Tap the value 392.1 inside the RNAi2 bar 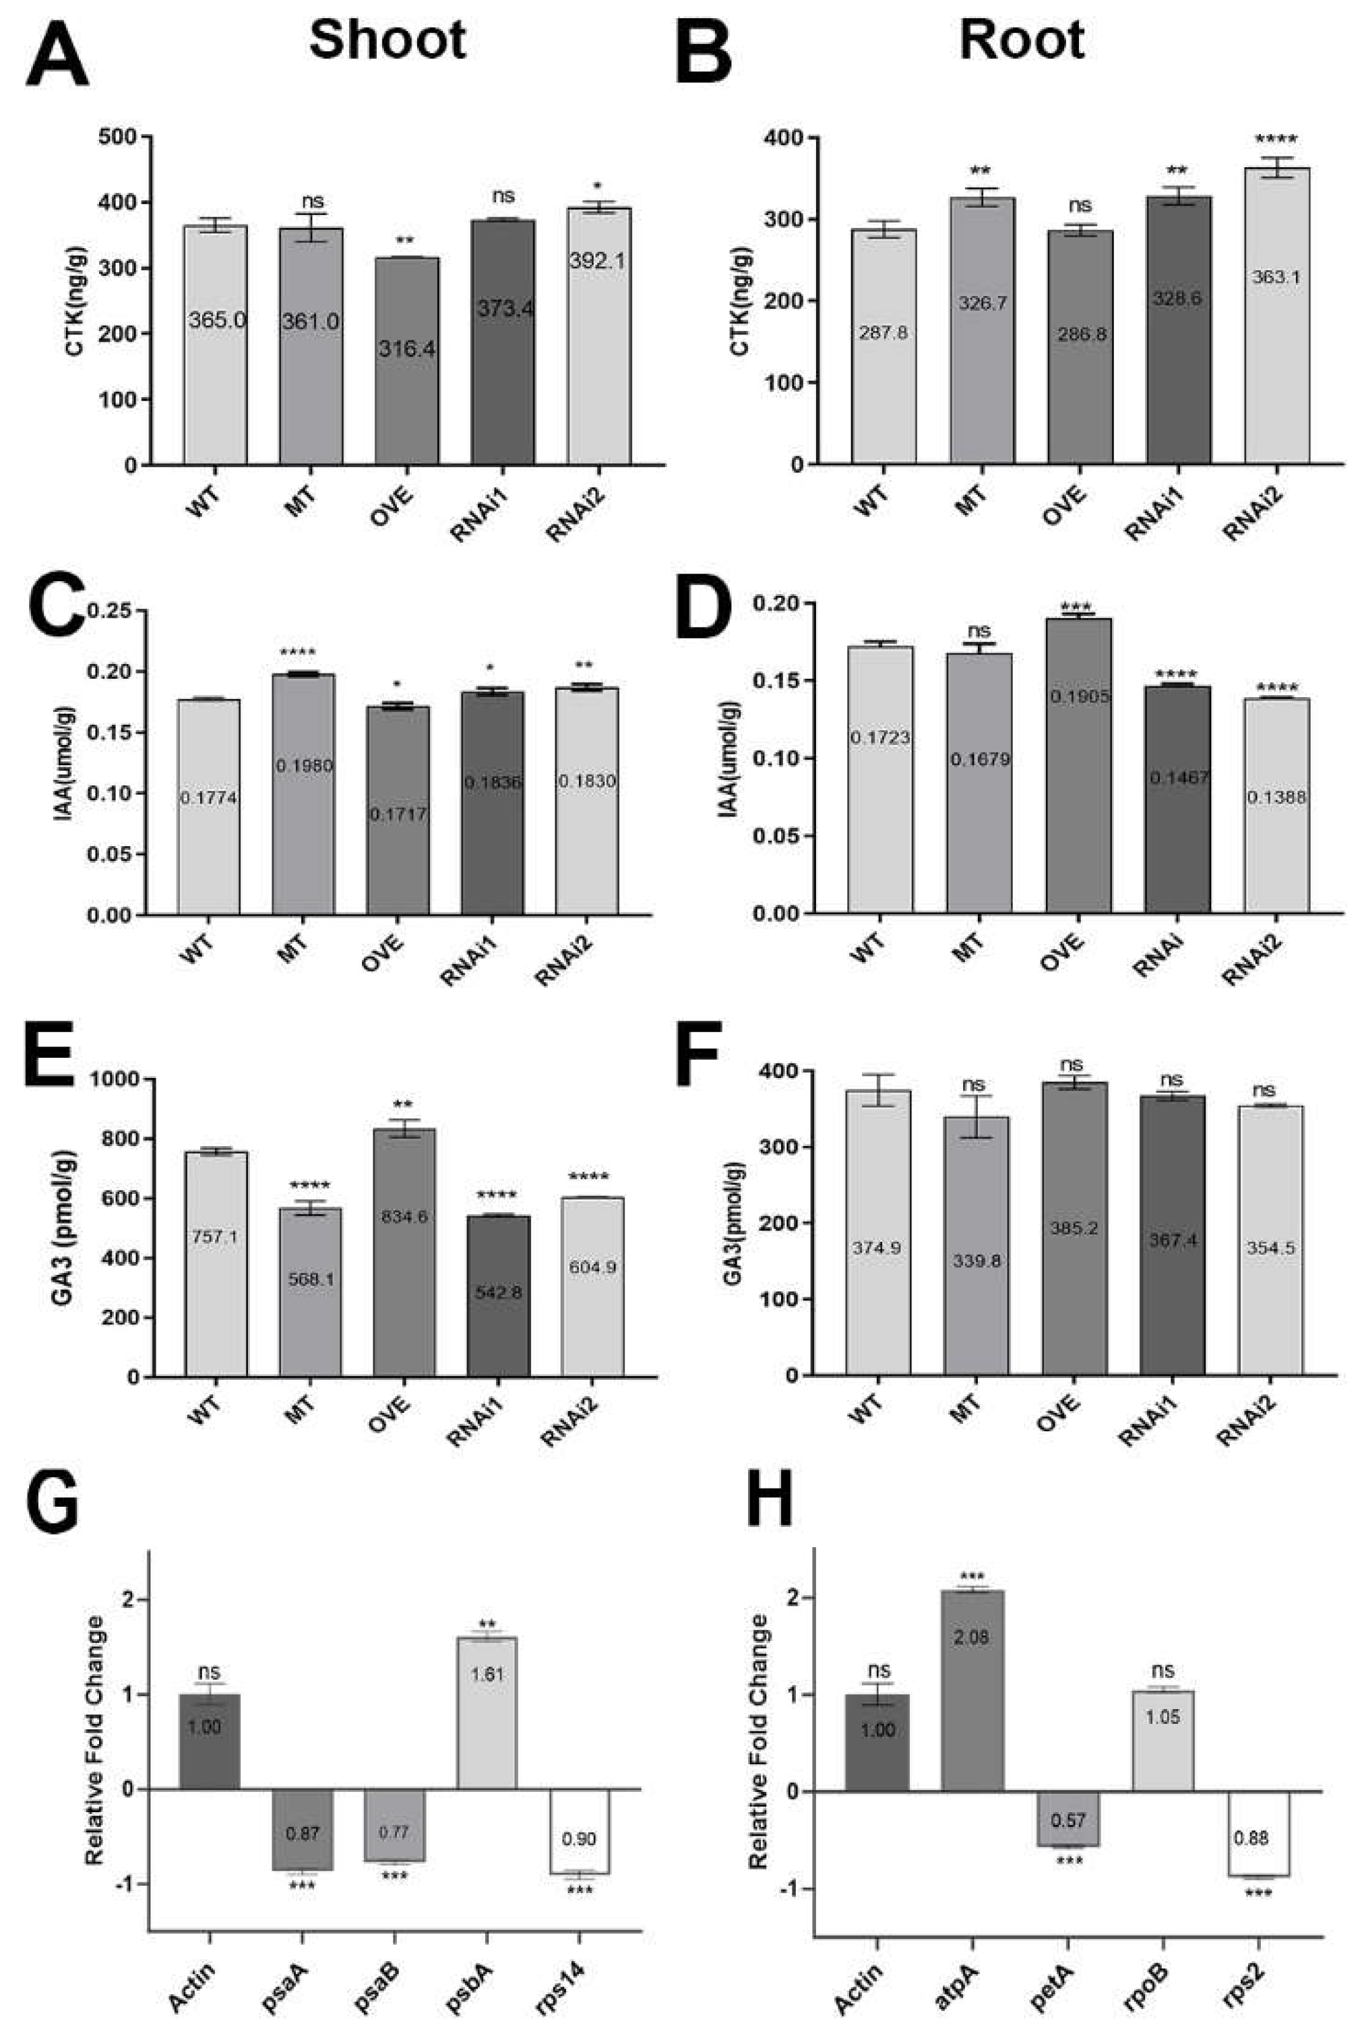[598, 260]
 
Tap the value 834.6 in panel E [404, 1217]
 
